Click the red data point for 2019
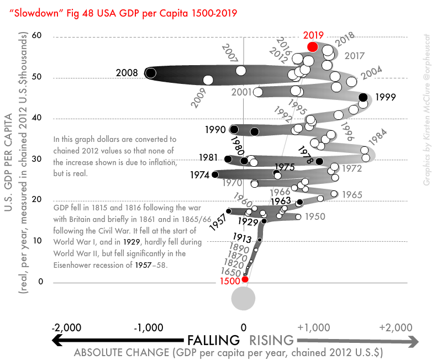coord(313,46)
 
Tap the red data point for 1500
coord(245,279)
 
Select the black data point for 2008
coord(150,72)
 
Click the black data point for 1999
coord(363,98)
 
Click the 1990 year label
coord(215,130)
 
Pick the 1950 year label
coord(315,216)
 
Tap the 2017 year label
coord(354,56)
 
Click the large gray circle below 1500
coord(243,299)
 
